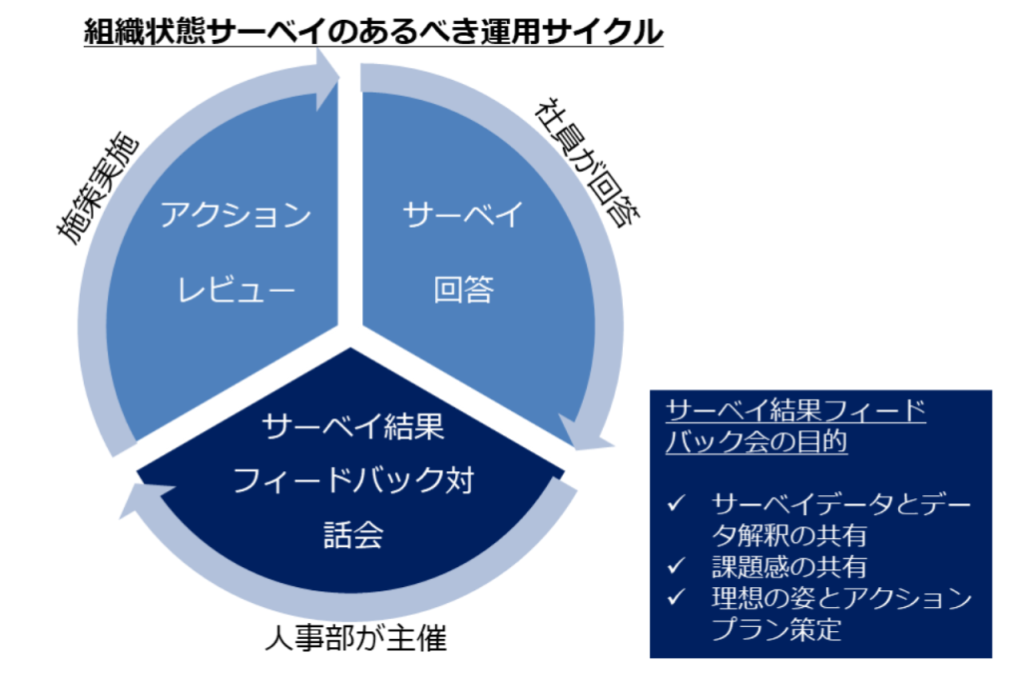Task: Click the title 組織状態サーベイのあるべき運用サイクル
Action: (x=373, y=31)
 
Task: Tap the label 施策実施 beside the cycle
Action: (x=98, y=188)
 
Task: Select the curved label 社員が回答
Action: (x=587, y=163)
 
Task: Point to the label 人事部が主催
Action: (x=356, y=638)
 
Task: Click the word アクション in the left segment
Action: (x=236, y=215)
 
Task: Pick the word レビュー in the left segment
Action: (x=236, y=289)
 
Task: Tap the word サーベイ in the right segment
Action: (x=463, y=215)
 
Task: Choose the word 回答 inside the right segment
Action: (x=463, y=289)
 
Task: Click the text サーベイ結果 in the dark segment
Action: (x=352, y=426)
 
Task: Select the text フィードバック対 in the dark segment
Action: (x=352, y=480)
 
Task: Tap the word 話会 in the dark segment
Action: (x=352, y=535)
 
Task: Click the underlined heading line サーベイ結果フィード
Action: (x=795, y=410)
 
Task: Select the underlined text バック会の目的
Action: (x=757, y=441)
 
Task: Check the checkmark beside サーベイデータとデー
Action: (x=676, y=503)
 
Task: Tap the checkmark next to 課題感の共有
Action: (x=676, y=565)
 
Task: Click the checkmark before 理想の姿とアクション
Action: (x=676, y=597)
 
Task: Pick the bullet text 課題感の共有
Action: (x=789, y=567)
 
